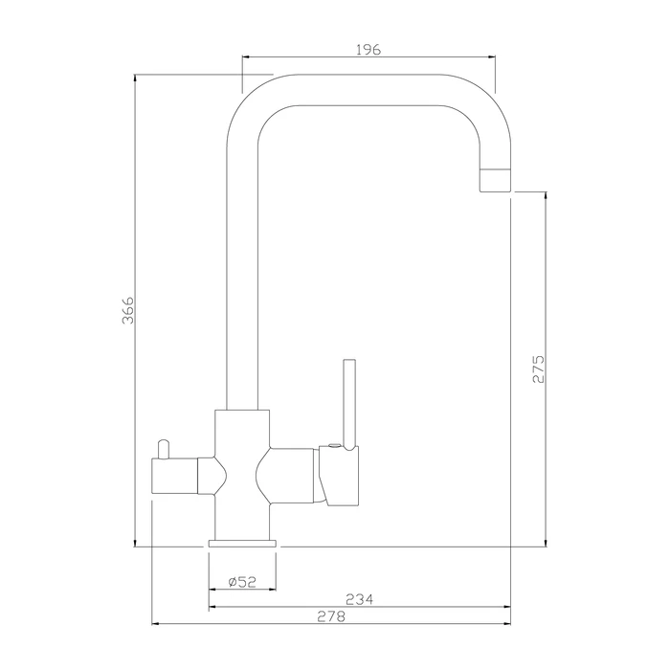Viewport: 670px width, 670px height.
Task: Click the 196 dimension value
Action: (368, 50)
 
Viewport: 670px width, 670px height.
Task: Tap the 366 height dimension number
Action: (128, 310)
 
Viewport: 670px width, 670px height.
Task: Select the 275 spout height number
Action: (538, 368)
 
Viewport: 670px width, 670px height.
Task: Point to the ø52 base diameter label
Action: (242, 582)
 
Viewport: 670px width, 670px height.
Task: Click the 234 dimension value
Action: (359, 599)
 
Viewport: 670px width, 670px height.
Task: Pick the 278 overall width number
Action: (331, 616)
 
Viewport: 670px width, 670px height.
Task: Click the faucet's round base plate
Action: (242, 544)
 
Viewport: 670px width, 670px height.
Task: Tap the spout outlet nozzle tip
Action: (496, 180)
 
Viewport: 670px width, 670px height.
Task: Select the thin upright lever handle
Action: (349, 404)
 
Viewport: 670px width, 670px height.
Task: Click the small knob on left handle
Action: (164, 449)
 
